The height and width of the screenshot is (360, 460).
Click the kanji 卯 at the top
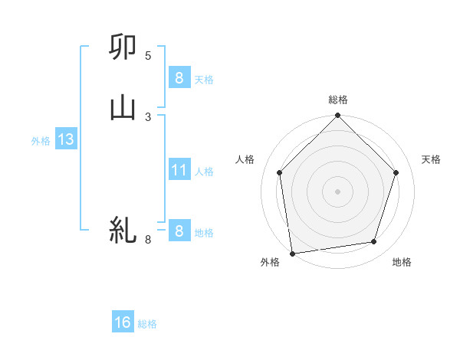pos(123,47)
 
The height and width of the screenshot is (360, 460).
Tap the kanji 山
pos(123,108)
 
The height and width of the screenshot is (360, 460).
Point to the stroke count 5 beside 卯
pos(148,56)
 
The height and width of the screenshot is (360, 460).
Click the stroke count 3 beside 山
pos(148,116)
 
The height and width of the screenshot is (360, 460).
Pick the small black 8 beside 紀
pos(148,240)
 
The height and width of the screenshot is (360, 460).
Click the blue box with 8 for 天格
pos(179,78)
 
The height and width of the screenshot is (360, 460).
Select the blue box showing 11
pos(179,170)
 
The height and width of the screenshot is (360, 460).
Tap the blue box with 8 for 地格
pos(179,231)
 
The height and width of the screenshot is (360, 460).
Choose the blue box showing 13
pos(65,139)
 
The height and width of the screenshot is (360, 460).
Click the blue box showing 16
pos(123,322)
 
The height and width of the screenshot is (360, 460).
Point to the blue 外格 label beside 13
pos(41,141)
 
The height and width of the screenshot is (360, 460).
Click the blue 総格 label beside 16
pos(147,324)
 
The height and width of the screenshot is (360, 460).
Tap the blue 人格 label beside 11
pos(204,172)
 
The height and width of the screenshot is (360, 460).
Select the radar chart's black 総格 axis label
pos(338,100)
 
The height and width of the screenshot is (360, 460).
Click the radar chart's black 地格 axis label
pos(402,263)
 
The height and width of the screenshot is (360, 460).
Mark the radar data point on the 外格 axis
pos(292,253)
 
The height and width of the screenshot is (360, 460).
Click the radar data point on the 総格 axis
pos(338,117)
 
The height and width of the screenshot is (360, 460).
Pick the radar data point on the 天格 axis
pos(396,172)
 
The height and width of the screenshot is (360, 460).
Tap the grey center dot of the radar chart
pos(338,191)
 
